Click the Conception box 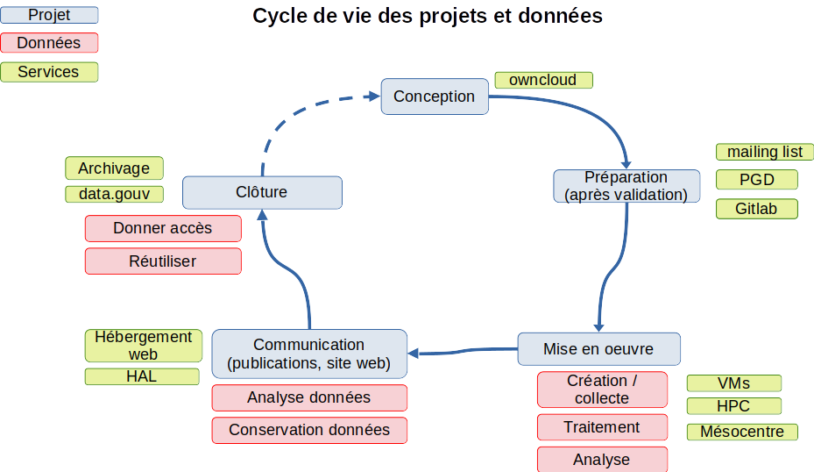coord(434,97)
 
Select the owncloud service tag coord(543,80)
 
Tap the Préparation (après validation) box coord(626,186)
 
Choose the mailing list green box coord(764,152)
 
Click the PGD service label coord(757,180)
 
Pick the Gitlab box coord(757,209)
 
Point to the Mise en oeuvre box coord(598,349)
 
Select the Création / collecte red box coord(602,390)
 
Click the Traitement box coord(602,427)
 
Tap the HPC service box coord(733,406)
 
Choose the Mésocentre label coord(742,432)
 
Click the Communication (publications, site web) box coord(309,354)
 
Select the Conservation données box coord(309,430)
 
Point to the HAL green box coord(142,376)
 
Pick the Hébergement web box coord(144,346)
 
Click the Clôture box coord(262,192)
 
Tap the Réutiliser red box coord(163,261)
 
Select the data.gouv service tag coord(114,194)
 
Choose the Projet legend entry coord(49,15)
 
